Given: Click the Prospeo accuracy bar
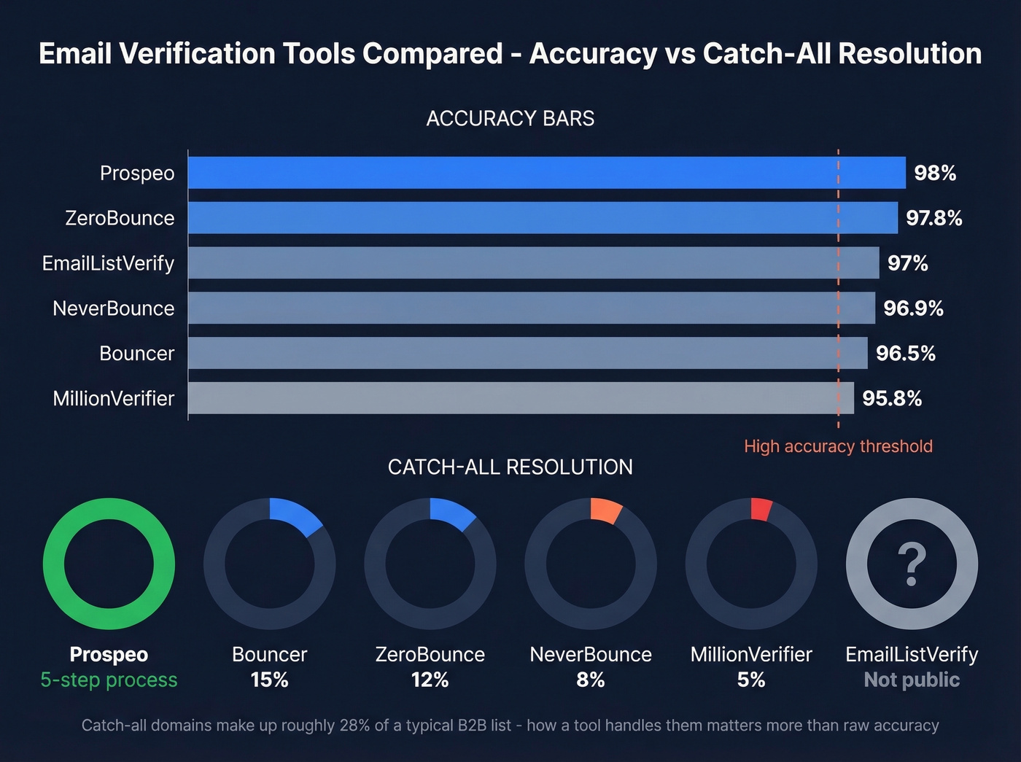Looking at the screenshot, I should pyautogui.click(x=547, y=173).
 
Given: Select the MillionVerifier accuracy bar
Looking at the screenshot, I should pyautogui.click(x=521, y=398).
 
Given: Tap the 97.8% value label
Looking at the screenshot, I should pyautogui.click(x=933, y=218).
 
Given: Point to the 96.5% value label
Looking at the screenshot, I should pyautogui.click(x=905, y=354).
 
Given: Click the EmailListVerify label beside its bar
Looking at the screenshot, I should pyautogui.click(x=108, y=263).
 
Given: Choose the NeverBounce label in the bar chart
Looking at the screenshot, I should pyautogui.click(x=113, y=308).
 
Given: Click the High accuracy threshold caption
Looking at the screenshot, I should pyautogui.click(x=838, y=446).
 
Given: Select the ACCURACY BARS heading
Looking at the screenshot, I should pyautogui.click(x=510, y=118).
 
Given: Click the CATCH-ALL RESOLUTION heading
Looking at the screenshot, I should pyautogui.click(x=510, y=467).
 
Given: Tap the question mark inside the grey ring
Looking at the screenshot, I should pyautogui.click(x=912, y=564).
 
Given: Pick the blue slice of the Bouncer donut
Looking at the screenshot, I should pyautogui.click(x=295, y=516).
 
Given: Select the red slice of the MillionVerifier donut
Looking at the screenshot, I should pyautogui.click(x=760, y=509).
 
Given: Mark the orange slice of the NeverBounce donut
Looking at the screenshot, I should pyautogui.click(x=605, y=511).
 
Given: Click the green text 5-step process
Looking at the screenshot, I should pyautogui.click(x=109, y=680).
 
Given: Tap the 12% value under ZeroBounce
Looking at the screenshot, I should pyautogui.click(x=430, y=680).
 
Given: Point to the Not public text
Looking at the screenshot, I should pyautogui.click(x=912, y=680).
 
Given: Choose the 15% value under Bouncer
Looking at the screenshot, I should pyautogui.click(x=269, y=680).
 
